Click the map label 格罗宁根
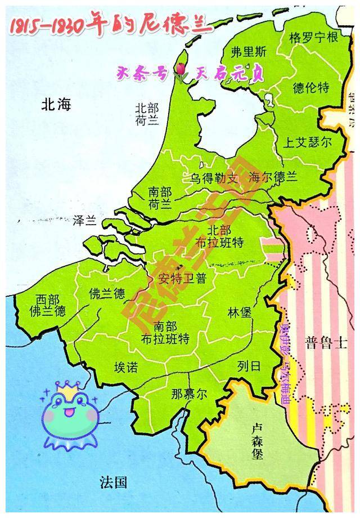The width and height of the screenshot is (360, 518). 313,38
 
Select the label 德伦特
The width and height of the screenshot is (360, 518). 311,87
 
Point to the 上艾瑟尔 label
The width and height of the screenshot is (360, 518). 308,142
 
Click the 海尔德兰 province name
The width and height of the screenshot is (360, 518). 273,177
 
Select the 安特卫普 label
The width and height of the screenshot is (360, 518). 183,277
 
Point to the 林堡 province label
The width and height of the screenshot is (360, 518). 240,313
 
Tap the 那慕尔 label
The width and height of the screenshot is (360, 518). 189,394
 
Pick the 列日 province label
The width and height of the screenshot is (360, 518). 250,367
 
